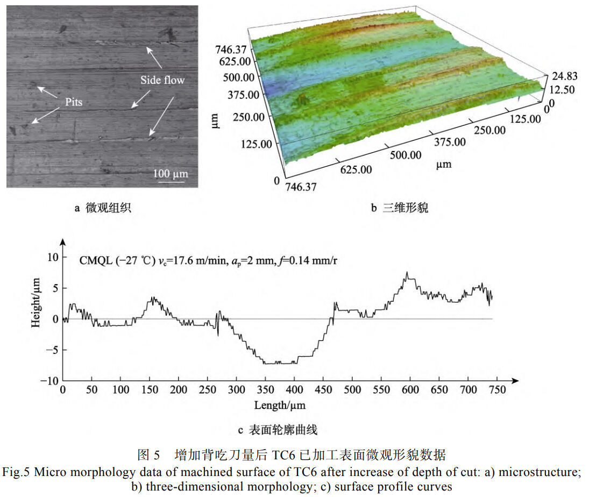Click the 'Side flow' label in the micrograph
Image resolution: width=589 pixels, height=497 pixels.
162,80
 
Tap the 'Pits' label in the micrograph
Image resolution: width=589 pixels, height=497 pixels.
74,102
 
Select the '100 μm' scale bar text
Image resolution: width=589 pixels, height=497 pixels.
170,174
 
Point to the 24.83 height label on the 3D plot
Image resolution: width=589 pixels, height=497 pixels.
565,76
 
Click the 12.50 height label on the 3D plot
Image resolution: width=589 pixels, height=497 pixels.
562,90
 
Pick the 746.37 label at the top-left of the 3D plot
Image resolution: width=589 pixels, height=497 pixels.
231,49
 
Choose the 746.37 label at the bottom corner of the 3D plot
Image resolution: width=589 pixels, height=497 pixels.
301,187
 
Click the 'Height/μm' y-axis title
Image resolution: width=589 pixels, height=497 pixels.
36,303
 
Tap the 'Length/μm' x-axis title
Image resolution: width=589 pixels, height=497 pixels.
280,406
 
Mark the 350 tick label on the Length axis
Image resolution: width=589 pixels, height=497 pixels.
265,389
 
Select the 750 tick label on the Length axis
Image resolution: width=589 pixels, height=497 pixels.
497,389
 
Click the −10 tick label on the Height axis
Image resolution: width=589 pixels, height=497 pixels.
49,381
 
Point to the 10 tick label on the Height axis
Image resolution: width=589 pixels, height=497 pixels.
53,257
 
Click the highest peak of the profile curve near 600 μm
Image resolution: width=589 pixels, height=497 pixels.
407,272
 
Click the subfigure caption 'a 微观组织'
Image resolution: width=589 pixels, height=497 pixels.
103,208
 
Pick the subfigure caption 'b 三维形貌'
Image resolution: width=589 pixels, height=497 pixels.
400,208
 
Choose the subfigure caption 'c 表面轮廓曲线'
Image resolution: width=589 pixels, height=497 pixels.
278,430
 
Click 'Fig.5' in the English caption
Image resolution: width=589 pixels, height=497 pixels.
16,472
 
